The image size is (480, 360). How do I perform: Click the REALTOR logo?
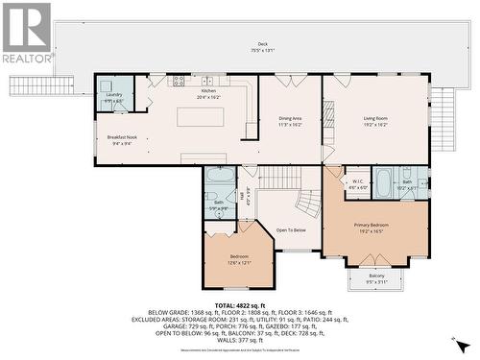coord(27,33)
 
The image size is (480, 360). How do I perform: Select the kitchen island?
coord(200,117)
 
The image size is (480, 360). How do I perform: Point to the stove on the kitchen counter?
coord(178,81)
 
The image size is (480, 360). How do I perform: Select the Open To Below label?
coord(290,230)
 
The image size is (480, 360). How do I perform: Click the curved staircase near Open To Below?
coord(309,203)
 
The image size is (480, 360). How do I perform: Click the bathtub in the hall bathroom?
coord(220,177)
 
